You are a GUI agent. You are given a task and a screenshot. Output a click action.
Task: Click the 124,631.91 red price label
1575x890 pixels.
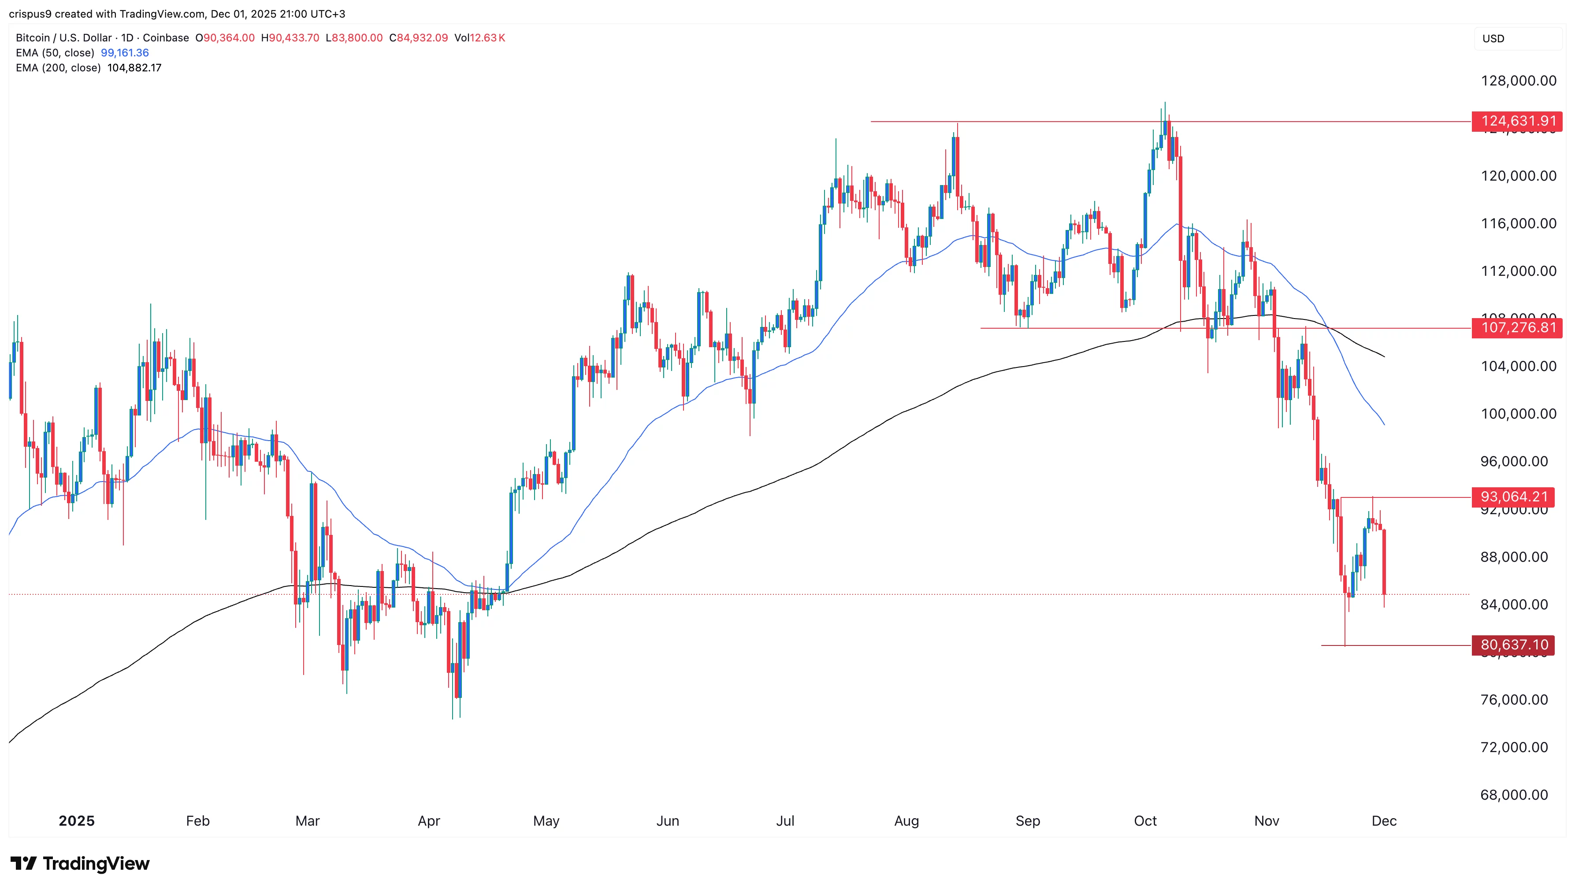[1518, 121]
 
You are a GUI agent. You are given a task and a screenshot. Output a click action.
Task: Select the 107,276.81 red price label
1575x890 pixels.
[1518, 328]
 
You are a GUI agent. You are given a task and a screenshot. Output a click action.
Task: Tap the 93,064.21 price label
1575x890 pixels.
[1513, 497]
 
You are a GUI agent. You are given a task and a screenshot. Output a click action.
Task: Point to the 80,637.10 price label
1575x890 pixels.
[1513, 645]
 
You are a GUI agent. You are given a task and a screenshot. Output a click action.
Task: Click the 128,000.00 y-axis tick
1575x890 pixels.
[1518, 81]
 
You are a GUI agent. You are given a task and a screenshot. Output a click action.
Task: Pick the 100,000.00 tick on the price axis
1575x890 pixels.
[1518, 414]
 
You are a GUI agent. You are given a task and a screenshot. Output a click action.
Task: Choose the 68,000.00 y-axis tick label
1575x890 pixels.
[1514, 795]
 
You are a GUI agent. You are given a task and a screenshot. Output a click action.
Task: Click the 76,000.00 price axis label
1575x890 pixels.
[1514, 699]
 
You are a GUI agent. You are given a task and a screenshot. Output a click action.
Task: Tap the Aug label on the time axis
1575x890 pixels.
[906, 821]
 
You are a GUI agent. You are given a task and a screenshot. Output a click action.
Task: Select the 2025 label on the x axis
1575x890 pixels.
[76, 821]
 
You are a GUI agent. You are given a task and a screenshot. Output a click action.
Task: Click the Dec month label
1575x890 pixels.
[1384, 821]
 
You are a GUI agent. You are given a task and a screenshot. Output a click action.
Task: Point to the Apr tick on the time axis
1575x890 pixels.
[429, 821]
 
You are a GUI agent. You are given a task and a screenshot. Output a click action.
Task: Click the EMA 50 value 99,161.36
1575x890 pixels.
[125, 52]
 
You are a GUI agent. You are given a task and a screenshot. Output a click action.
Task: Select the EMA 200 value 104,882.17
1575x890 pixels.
[134, 68]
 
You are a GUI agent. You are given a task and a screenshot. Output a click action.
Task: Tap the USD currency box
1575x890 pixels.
[1493, 38]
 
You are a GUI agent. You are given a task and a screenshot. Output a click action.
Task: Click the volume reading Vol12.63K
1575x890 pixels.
[479, 38]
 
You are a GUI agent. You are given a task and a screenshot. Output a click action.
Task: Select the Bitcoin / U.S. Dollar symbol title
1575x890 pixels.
[63, 38]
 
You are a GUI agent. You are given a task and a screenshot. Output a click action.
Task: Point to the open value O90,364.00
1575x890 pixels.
[225, 38]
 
